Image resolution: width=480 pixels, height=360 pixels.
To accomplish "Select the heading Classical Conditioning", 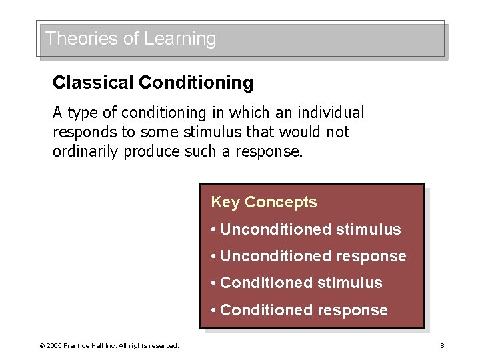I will click(x=153, y=83).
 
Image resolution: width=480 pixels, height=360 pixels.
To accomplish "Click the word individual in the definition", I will click(x=332, y=113).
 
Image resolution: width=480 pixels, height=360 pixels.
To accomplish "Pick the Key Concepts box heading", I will click(x=263, y=202).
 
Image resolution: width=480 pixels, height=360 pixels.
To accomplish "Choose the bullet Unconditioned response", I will click(x=308, y=256).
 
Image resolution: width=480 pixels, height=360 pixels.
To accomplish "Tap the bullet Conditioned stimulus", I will click(x=296, y=283).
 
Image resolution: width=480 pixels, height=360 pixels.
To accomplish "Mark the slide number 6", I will click(x=441, y=345).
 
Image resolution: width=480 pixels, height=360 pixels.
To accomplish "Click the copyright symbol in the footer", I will click(x=42, y=345).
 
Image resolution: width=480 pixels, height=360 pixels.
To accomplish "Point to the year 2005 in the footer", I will click(x=53, y=345).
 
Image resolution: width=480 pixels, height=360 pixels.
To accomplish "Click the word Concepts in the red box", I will click(x=281, y=202).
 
